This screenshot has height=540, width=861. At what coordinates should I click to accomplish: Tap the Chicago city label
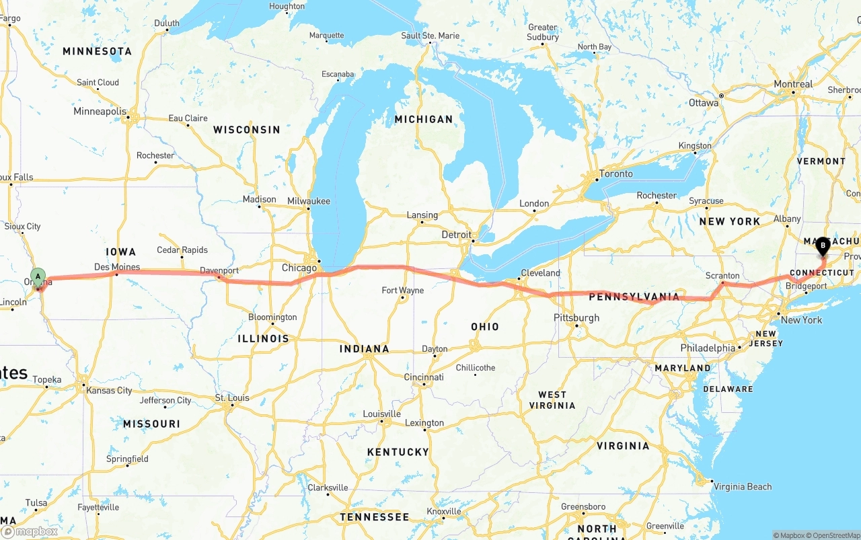299,268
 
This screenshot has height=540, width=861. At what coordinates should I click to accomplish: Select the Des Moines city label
117,267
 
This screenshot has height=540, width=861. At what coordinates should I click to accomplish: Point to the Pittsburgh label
576,317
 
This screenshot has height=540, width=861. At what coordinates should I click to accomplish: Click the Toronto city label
615,173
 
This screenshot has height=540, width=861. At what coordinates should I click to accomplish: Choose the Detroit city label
457,235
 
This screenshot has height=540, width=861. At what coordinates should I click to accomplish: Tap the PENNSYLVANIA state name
634,297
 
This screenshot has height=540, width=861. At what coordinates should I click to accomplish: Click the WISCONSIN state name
246,129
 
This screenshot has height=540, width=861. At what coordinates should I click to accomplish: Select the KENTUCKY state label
398,452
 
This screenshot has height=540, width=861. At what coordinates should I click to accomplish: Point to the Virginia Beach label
743,486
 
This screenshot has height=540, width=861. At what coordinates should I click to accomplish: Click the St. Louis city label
232,398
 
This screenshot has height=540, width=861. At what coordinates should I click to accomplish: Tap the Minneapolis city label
100,111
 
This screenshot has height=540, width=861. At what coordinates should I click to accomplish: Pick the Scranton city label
722,276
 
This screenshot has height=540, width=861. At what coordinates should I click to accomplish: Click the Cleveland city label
540,273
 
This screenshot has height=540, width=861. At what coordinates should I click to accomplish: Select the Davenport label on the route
219,271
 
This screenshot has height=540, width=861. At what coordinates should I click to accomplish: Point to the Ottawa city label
704,103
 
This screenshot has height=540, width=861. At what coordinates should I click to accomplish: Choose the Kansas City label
109,390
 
